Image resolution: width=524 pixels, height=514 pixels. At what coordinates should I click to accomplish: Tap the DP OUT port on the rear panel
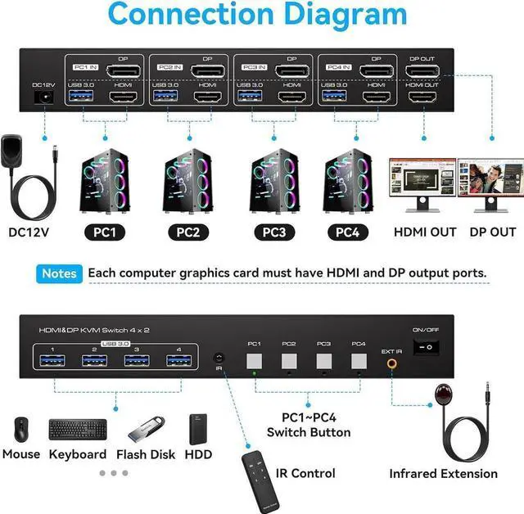[422, 71]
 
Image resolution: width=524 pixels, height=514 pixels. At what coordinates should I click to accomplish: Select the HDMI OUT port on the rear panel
[422, 97]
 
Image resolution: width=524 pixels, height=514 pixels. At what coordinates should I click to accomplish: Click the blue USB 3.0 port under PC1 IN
[84, 97]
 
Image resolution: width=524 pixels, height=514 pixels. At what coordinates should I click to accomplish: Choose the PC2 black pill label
[187, 232]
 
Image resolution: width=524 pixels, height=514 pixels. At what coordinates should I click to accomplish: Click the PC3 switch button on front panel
[323, 361]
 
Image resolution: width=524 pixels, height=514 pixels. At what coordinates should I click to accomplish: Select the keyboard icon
[77, 428]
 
